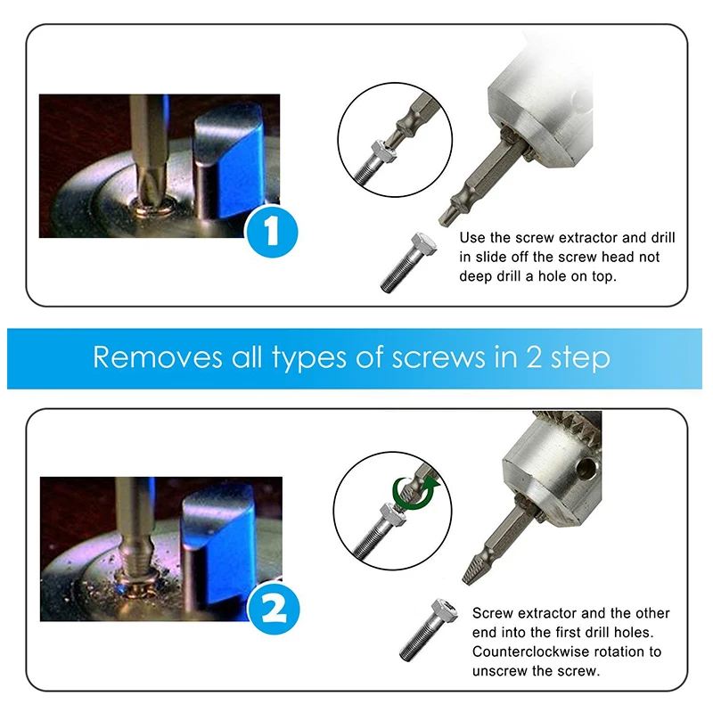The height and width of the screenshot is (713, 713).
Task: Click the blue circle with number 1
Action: (x=272, y=232)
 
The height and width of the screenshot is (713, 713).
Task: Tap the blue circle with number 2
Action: (x=274, y=609)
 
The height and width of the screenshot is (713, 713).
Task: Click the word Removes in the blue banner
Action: (x=158, y=357)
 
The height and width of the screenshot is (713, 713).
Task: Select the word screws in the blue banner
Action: (x=438, y=358)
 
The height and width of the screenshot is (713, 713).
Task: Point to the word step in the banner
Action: (x=580, y=359)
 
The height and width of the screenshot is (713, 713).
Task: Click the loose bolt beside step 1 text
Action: (x=408, y=262)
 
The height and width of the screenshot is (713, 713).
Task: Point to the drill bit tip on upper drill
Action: (x=447, y=217)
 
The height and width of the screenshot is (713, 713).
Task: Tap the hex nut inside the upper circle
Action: (x=383, y=151)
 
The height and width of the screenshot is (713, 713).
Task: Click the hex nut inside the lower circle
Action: (x=391, y=515)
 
